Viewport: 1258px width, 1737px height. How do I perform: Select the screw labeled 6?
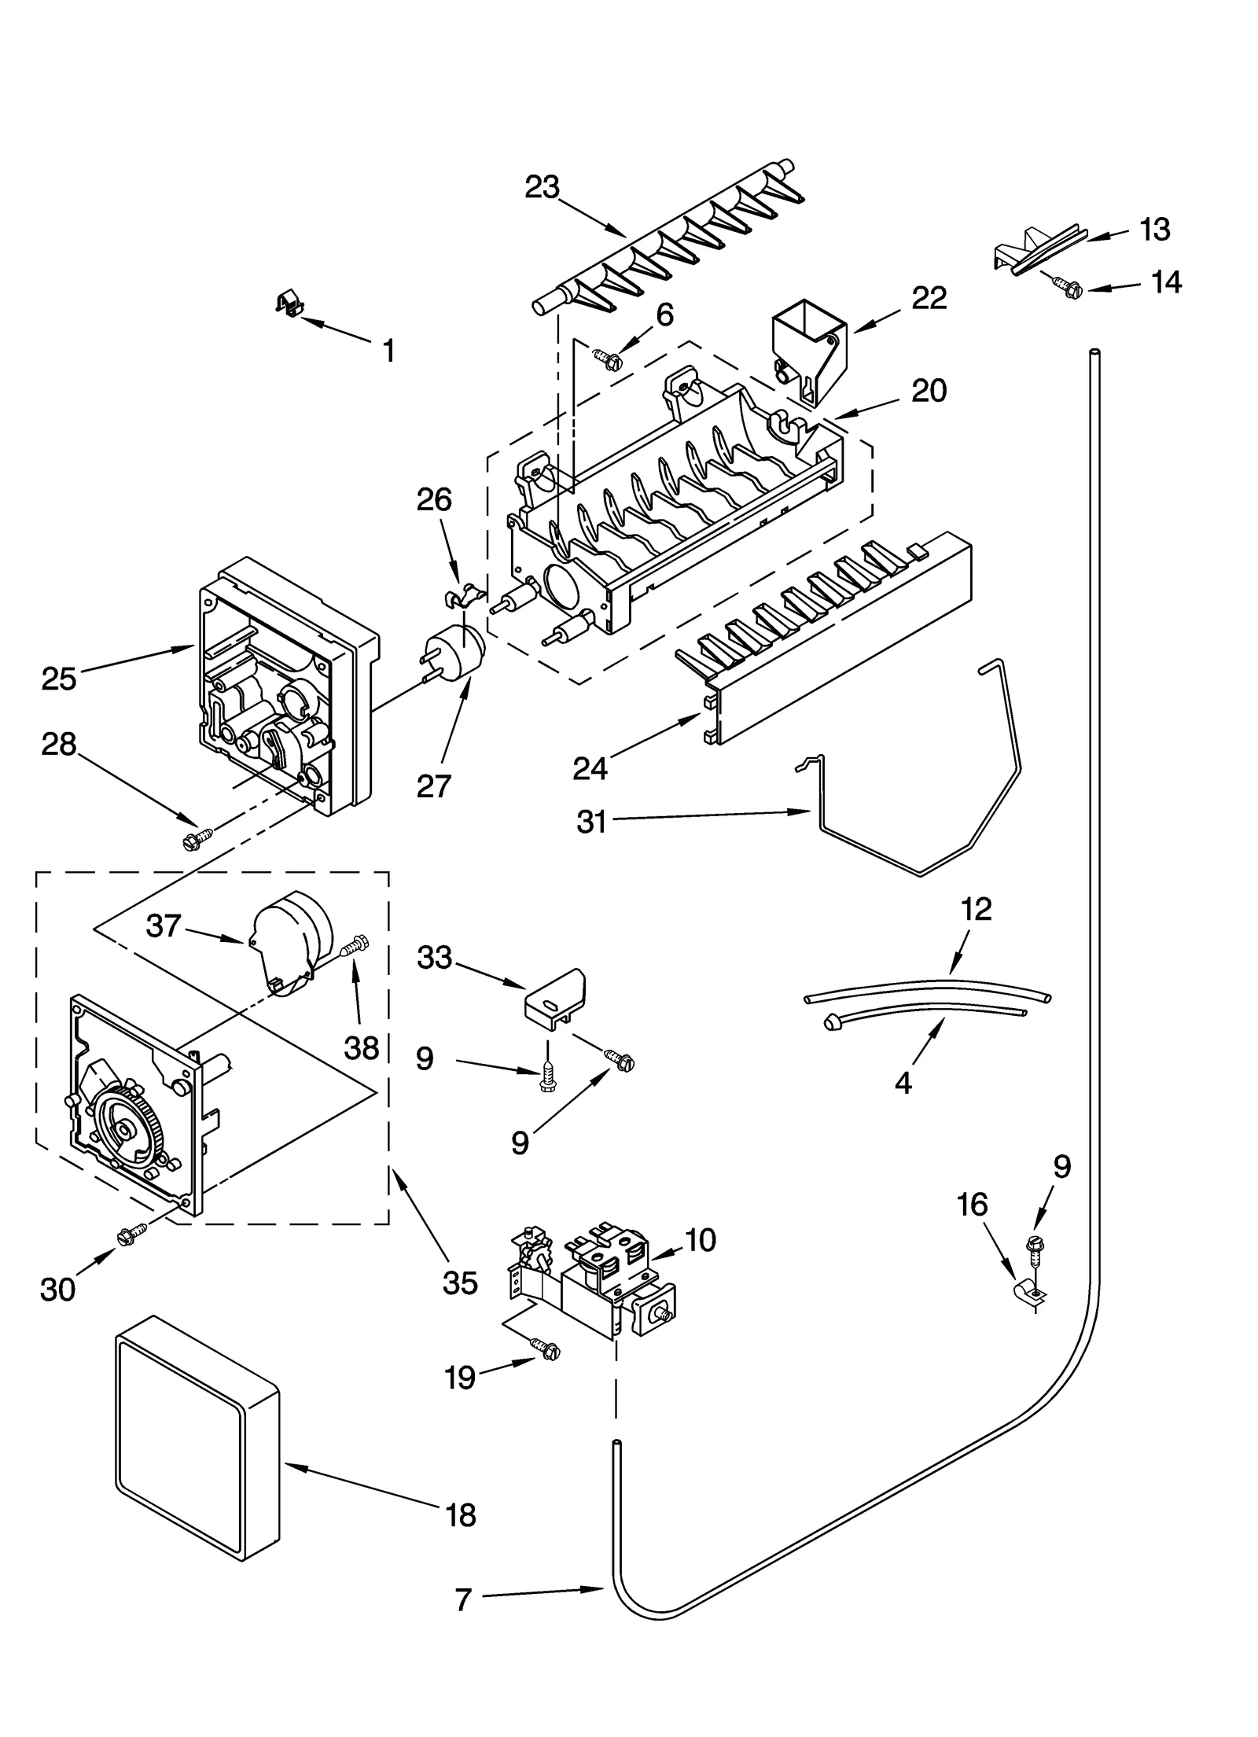coord(608,359)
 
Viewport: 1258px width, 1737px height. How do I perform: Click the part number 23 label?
coord(542,188)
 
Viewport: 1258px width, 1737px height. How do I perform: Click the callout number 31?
coord(591,822)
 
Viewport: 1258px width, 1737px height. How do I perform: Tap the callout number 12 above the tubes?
coord(976,909)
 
